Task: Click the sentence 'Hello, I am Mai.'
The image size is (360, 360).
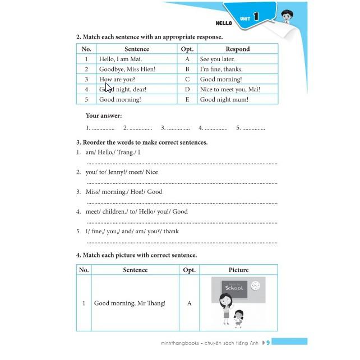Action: tap(121, 59)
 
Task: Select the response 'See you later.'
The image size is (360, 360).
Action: tap(218, 59)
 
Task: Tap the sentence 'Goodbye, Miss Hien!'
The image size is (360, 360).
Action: tap(127, 69)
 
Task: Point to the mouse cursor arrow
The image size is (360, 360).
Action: tap(108, 87)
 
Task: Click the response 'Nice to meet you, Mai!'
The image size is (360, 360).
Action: tap(230, 89)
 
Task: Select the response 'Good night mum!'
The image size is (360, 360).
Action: tap(224, 99)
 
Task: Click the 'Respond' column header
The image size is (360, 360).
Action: tap(238, 49)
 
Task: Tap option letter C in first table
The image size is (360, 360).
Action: tap(187, 79)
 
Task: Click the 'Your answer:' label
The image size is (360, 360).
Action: tap(104, 116)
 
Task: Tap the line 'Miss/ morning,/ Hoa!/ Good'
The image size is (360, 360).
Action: tap(123, 192)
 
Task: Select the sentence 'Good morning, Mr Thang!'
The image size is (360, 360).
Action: tap(130, 303)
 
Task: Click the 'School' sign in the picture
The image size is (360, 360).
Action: tap(234, 288)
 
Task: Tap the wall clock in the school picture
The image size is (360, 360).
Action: tap(255, 285)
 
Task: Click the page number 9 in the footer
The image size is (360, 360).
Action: tap(268, 342)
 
